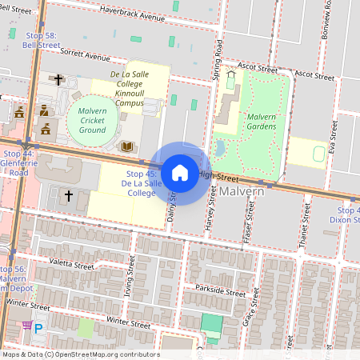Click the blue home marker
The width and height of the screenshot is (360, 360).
point(180,172)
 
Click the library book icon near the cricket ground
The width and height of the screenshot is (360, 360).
point(126,146)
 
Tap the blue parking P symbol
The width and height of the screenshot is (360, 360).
point(38,327)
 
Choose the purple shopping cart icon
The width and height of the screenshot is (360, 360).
point(27,326)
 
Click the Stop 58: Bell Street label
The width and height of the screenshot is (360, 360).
point(41,41)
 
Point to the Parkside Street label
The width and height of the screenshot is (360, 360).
point(214,293)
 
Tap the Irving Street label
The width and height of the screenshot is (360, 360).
point(128,282)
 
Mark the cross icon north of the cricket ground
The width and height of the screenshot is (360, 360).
point(58,80)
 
